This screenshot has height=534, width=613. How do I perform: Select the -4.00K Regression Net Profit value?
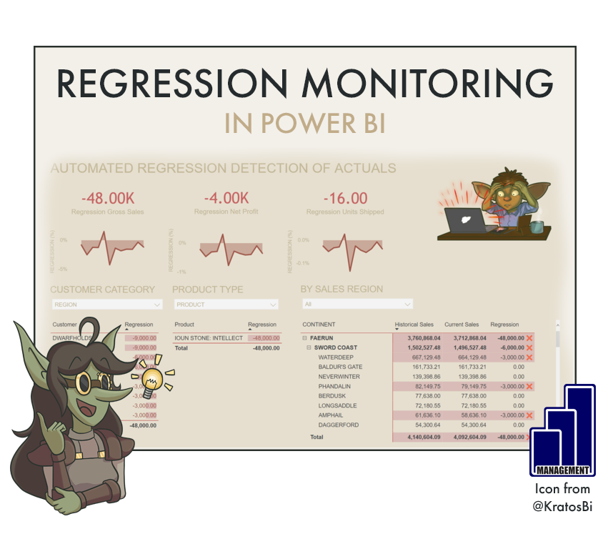226,198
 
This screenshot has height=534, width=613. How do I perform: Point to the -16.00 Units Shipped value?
345,198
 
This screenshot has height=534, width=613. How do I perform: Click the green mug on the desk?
536,226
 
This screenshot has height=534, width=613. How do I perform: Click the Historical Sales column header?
414,325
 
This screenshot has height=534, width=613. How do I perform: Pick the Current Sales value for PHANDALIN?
465,387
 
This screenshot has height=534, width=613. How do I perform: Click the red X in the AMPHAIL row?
529,415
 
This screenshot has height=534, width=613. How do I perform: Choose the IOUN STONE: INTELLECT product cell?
209,338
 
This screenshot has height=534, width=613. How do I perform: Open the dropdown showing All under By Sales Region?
357,305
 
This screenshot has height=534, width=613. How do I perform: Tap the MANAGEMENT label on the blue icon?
562,470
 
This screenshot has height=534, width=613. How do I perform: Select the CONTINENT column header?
319,325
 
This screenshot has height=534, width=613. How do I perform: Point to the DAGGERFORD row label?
339,425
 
